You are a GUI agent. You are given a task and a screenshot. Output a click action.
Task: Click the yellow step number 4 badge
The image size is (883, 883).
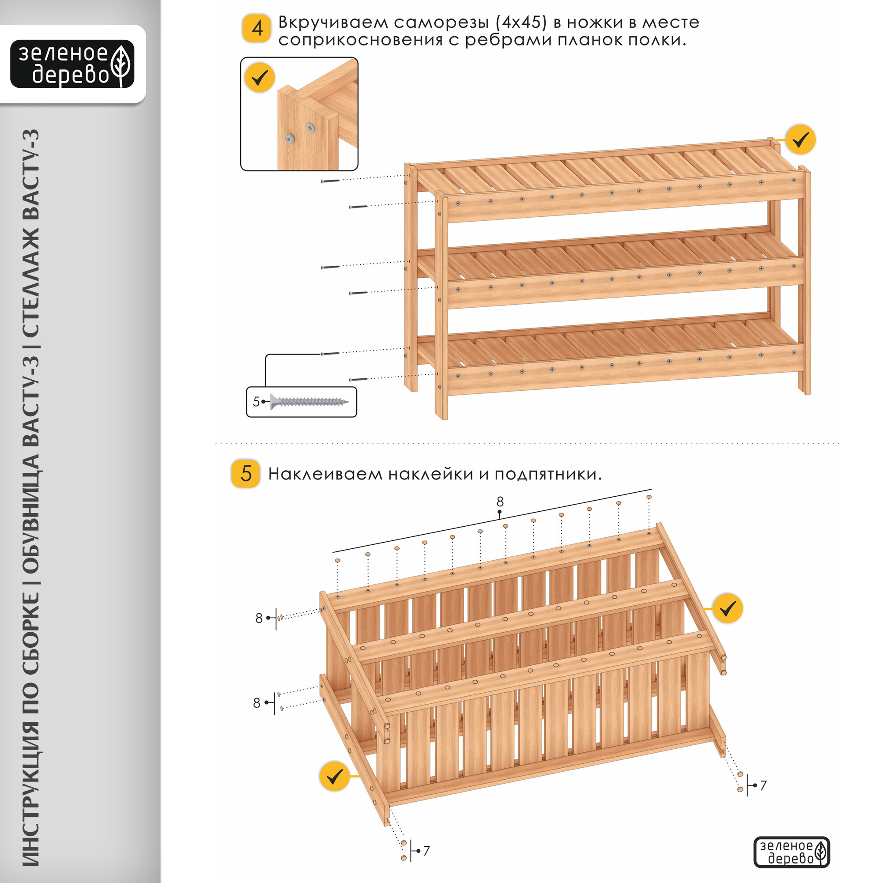click(x=257, y=28)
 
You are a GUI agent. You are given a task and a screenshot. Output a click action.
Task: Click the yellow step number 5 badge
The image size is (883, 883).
click(x=246, y=473)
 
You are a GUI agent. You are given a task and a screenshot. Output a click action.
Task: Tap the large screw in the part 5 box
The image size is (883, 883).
click(x=309, y=402)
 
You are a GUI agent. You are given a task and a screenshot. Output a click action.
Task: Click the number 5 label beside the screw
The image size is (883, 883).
click(x=256, y=402)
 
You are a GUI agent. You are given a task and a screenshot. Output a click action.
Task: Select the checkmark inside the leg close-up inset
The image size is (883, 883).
click(x=260, y=78)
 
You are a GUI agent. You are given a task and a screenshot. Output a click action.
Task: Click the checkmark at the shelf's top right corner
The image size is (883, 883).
click(x=801, y=140)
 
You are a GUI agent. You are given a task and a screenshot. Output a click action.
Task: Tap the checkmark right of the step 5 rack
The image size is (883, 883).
click(x=728, y=608)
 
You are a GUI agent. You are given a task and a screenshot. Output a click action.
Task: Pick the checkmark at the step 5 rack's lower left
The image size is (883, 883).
click(x=335, y=776)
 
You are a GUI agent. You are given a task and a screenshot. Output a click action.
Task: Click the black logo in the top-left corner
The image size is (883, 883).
click(x=72, y=64)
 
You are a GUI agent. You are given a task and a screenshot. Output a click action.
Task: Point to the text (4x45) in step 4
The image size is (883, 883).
click(x=521, y=23)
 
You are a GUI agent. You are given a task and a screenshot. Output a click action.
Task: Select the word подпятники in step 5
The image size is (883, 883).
click(x=547, y=475)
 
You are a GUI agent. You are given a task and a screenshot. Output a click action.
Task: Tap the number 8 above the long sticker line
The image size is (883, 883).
click(x=500, y=502)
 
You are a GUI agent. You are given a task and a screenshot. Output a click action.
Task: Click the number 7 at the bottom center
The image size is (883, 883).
click(x=426, y=851)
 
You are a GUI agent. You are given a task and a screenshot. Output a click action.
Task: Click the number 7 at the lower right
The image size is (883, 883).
click(x=763, y=785)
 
